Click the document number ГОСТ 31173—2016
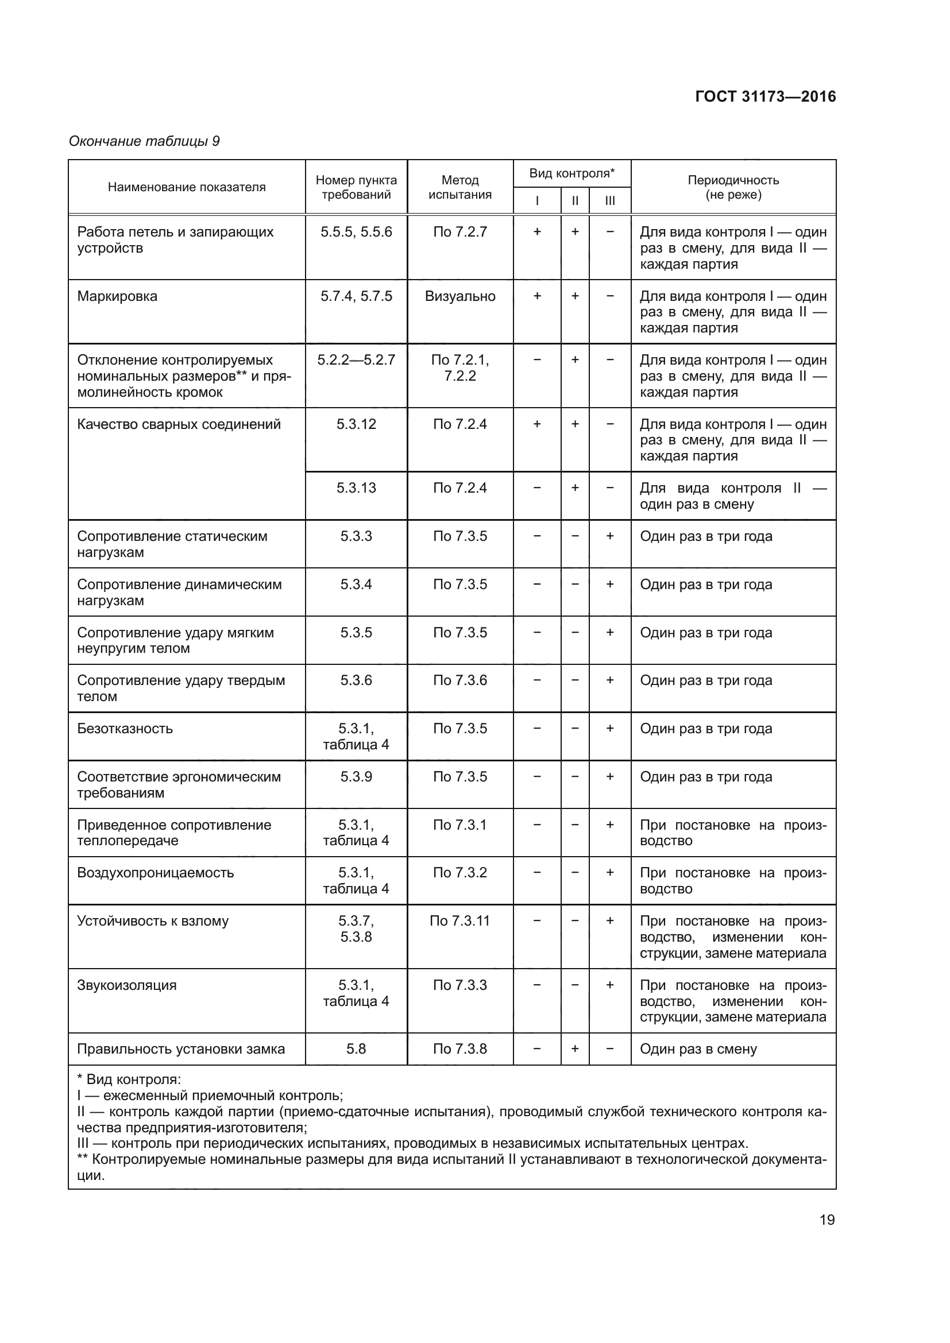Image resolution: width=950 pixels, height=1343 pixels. pyautogui.click(x=765, y=96)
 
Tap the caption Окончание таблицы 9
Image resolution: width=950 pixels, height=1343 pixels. pyautogui.click(x=144, y=141)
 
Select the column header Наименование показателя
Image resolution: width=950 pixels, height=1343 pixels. pyautogui.click(x=187, y=187)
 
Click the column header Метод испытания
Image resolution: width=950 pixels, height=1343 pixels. pyautogui.click(x=460, y=187)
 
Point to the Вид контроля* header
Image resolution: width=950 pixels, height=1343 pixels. pyautogui.click(x=571, y=173)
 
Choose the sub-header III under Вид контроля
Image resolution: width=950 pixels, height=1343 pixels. pyautogui.click(x=609, y=201)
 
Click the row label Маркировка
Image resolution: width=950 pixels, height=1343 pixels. pyautogui.click(x=117, y=296)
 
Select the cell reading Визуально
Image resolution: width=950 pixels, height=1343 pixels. pyautogui.click(x=460, y=296)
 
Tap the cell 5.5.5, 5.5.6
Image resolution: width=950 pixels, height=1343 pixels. pyautogui.click(x=356, y=231)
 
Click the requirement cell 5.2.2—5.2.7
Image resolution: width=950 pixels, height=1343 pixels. pyautogui.click(x=356, y=360)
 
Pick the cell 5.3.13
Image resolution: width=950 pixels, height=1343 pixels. pyautogui.click(x=356, y=488)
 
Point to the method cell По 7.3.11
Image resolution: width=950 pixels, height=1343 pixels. pyautogui.click(x=460, y=920)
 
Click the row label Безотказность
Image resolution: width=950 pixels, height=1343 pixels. pyautogui.click(x=125, y=728)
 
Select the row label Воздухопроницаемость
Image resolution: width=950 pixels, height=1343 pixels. pyautogui.click(x=155, y=873)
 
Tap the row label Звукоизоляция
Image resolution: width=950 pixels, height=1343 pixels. pyautogui.click(x=126, y=985)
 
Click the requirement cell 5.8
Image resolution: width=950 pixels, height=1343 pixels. pyautogui.click(x=356, y=1049)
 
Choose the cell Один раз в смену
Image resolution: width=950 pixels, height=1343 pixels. pyautogui.click(x=698, y=1049)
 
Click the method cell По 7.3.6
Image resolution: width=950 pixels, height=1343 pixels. pyautogui.click(x=460, y=680)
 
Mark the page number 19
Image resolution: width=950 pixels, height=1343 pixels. pyautogui.click(x=827, y=1220)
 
